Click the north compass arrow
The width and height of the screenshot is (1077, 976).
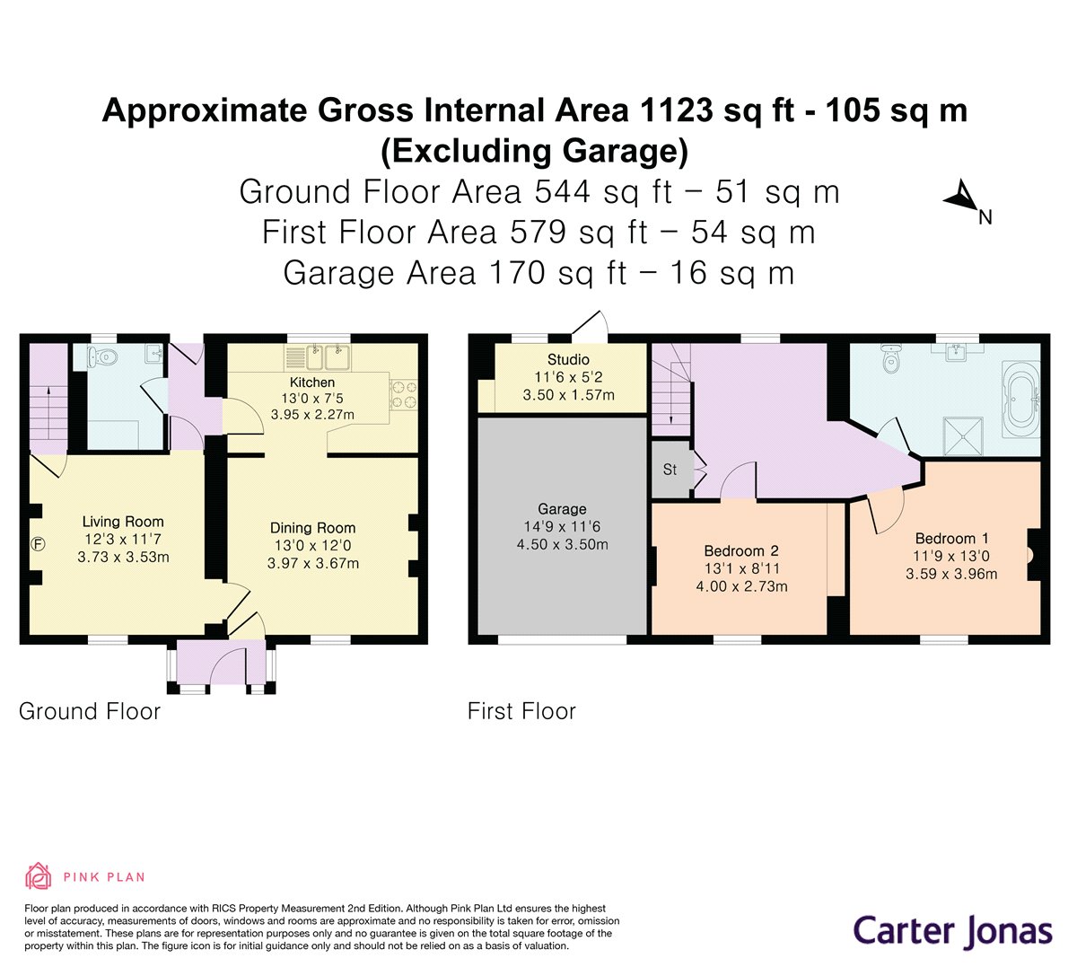[x=961, y=197]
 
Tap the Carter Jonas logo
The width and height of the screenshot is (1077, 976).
[x=952, y=931]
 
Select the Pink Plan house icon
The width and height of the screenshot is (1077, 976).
[x=38, y=876]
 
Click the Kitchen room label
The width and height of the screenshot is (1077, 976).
[x=311, y=382]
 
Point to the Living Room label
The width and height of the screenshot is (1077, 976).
[x=123, y=522]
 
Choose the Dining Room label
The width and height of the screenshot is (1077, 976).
[x=312, y=528]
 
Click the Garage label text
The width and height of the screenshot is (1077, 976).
[x=562, y=509]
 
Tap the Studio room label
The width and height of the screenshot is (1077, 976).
[x=568, y=360]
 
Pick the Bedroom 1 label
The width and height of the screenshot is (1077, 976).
[x=951, y=539]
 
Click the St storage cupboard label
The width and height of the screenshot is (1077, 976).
[x=670, y=470]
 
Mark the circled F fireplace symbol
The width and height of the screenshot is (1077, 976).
[x=39, y=543]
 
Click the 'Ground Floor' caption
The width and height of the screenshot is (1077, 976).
[x=90, y=712]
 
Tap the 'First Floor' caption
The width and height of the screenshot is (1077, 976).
[x=521, y=712]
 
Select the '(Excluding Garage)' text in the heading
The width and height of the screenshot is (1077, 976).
[x=535, y=150]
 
